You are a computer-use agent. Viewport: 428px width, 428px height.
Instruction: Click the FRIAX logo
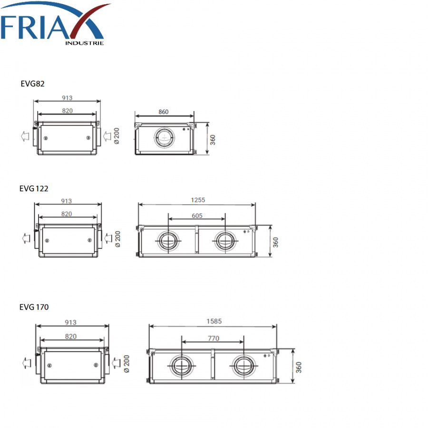click(x=55, y=23)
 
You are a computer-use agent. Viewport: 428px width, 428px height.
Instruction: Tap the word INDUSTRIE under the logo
click(x=84, y=43)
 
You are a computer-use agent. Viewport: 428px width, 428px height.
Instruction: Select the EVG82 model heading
click(x=32, y=84)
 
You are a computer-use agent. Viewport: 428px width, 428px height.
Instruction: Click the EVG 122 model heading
click(x=34, y=189)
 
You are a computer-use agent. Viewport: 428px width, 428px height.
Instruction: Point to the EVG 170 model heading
click(x=34, y=307)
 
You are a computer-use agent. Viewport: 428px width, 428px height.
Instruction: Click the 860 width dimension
click(x=164, y=112)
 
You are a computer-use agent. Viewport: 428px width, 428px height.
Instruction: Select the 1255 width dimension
click(x=198, y=200)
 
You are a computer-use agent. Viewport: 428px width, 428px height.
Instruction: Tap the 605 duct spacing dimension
click(x=197, y=215)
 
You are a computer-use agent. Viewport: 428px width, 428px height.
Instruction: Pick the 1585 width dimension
click(x=214, y=321)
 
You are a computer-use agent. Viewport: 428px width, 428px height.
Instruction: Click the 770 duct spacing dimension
click(x=214, y=339)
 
